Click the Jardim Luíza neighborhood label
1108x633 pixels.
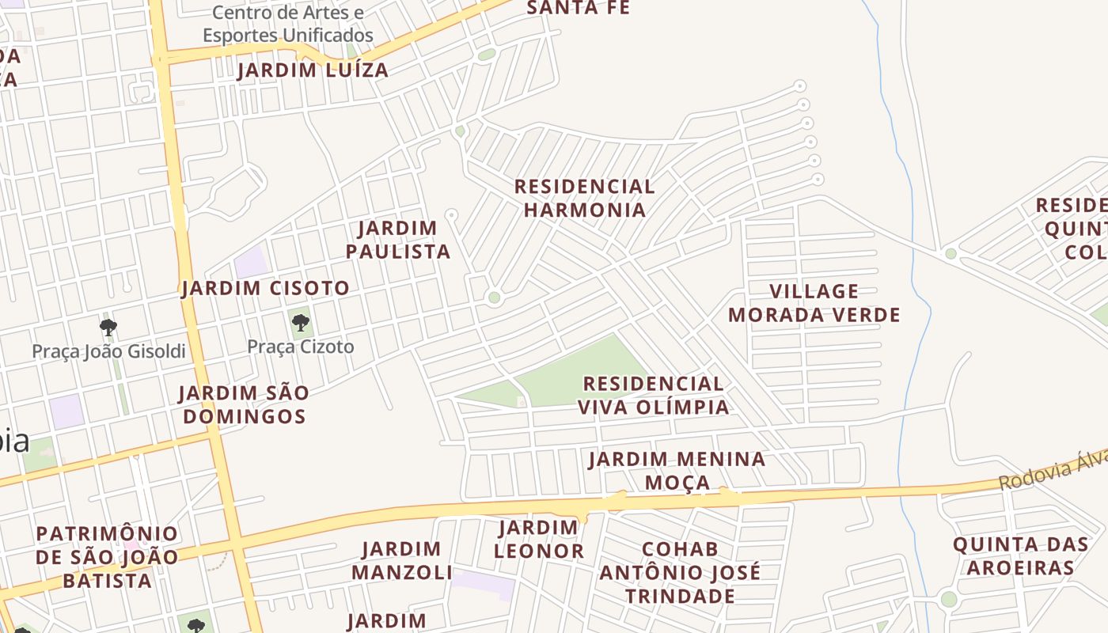[313, 70]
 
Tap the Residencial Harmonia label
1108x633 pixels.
[584, 199]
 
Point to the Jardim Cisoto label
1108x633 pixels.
[266, 288]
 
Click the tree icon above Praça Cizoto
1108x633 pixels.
[300, 323]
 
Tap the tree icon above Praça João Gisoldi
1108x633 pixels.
[108, 327]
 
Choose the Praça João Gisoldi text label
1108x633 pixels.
[108, 351]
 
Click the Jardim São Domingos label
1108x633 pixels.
[243, 404]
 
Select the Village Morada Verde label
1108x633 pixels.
[814, 303]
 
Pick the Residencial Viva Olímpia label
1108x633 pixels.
[653, 396]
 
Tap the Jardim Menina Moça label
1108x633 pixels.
[677, 471]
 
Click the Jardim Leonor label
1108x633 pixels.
[539, 539]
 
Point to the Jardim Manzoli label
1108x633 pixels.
[402, 560]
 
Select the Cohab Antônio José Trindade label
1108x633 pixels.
[680, 572]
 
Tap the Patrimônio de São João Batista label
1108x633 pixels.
[107, 557]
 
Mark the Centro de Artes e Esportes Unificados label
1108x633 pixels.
[288, 24]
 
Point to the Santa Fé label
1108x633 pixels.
[578, 8]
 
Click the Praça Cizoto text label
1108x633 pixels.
[301, 347]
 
